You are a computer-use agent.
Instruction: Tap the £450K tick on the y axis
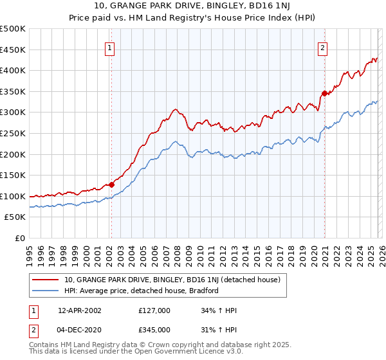pyautogui.click(x=13, y=50)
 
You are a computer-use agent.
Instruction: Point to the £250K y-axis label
pyautogui.click(x=13, y=133)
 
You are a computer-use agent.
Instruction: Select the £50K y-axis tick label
pyautogui.click(x=15, y=217)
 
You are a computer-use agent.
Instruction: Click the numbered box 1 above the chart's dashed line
pyautogui.click(x=111, y=48)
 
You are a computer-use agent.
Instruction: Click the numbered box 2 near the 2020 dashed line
pyautogui.click(x=322, y=48)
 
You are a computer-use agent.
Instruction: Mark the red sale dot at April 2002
pyautogui.click(x=111, y=184)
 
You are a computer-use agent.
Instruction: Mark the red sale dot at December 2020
pyautogui.click(x=324, y=93)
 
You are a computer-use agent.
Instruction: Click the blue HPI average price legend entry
pyautogui.click(x=142, y=291)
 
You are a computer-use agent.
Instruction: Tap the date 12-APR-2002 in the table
pyautogui.click(x=79, y=310)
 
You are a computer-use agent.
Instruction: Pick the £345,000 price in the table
pyautogui.click(x=154, y=329)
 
